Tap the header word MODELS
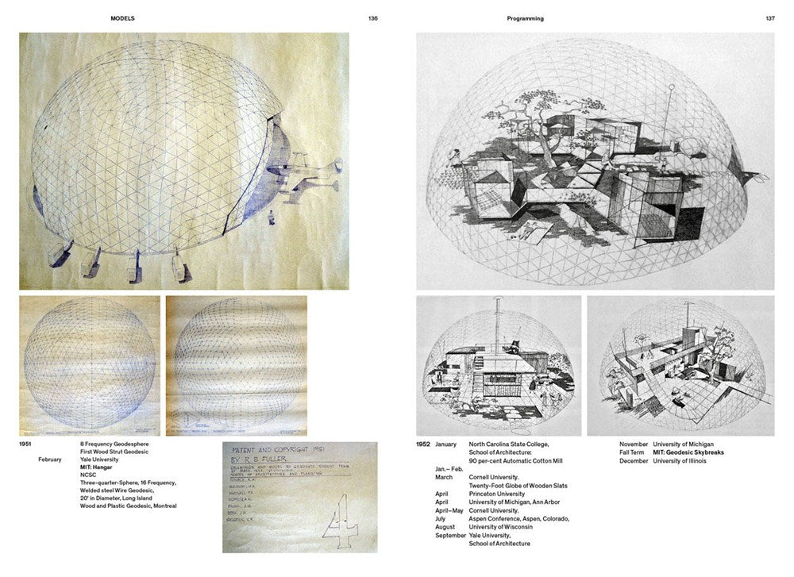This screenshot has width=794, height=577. [x=123, y=18]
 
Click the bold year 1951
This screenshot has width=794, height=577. [x=28, y=444]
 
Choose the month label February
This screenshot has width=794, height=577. [x=52, y=460]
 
